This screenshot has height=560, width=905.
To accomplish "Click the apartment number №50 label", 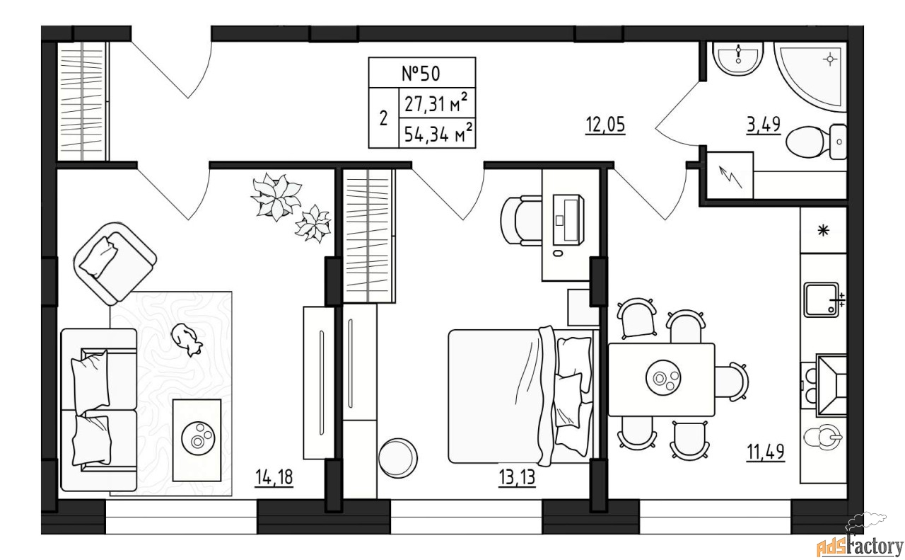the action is point(421,73).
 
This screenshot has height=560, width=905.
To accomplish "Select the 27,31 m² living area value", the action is point(436,103).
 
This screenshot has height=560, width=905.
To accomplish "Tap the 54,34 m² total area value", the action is point(438,132).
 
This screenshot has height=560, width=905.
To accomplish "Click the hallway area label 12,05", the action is point(605,125).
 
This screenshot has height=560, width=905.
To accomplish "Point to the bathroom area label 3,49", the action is point(763,125).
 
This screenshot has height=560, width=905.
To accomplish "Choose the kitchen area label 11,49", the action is point(765,452).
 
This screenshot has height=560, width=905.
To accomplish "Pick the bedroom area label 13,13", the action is point(517,477).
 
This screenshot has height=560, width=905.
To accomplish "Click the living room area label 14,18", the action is point(274,477).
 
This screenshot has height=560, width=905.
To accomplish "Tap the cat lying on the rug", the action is point(186,340).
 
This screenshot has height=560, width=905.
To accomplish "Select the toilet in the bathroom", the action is point(816,142).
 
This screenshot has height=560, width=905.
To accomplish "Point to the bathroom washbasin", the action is point(737,59).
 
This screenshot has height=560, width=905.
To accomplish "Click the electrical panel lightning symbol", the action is point(730,177).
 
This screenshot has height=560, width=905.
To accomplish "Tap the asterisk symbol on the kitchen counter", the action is point(824,231).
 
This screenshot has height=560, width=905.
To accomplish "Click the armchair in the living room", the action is point(115,263).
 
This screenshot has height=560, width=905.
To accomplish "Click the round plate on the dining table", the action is point(663,377).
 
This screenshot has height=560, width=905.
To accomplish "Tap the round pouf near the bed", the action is point(398,457).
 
